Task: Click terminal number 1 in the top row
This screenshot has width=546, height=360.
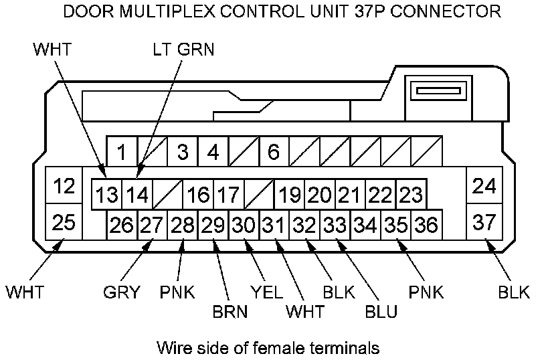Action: coord(122,152)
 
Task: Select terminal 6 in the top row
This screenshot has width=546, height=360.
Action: coord(273,152)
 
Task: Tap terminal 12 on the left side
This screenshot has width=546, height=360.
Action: coord(64,185)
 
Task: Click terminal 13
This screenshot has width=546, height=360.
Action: coord(106,195)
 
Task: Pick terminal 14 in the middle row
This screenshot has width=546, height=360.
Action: coord(137,195)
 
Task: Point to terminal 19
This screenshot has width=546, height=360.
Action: coord(290,195)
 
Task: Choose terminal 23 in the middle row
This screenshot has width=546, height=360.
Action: coord(411,195)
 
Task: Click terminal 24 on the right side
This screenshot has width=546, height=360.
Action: coord(483,185)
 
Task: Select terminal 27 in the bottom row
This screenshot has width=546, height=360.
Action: coord(152,225)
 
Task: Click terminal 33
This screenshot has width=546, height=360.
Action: coord(335,225)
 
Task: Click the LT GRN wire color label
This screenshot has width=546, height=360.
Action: coord(182,50)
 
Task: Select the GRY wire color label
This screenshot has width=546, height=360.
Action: coord(121,292)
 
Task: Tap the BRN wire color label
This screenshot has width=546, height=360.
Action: coord(229,312)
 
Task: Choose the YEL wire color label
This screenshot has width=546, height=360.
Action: coord(266,292)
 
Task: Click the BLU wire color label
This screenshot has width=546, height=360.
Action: coord(381,312)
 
